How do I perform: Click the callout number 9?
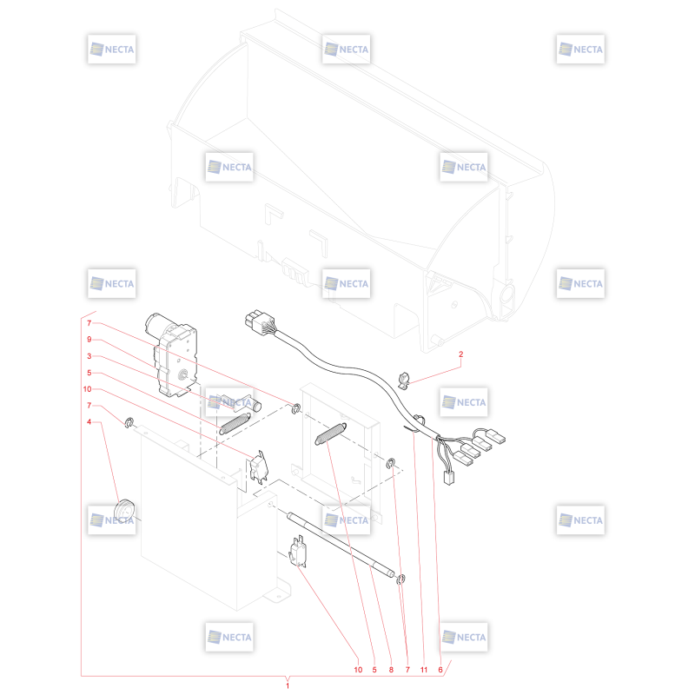coord(89,340)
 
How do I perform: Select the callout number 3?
coord(89,356)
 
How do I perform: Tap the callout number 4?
coord(89,421)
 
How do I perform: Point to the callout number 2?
coord(461,354)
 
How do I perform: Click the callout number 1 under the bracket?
coord(288,685)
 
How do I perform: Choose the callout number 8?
coord(391,670)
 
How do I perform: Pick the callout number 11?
coord(424,670)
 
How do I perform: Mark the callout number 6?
coord(440,670)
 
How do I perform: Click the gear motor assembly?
coord(171,354)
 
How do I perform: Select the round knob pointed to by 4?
coord(124,513)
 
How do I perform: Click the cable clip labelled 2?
coord(405,381)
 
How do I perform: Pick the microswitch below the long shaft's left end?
coord(297,552)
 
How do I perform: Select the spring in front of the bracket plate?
coord(331,433)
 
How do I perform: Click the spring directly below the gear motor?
coord(235,423)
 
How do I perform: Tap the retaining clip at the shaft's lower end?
coord(400,579)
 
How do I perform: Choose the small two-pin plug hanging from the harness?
coord(449,478)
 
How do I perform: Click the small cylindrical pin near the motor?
coord(255,405)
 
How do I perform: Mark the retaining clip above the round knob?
coord(129,422)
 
